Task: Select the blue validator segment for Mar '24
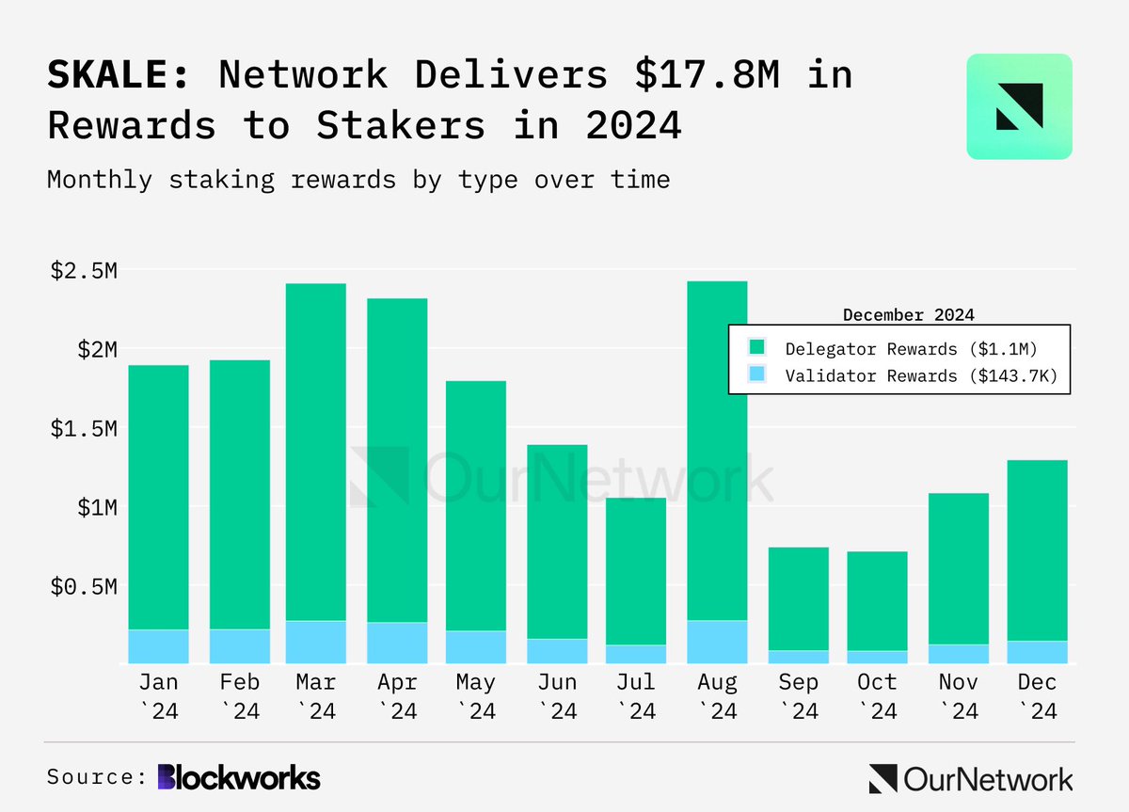pyautogui.click(x=316, y=642)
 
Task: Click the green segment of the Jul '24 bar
pyautogui.click(x=636, y=570)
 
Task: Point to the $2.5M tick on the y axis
pyautogui.click(x=84, y=271)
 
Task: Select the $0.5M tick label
pyautogui.click(x=84, y=587)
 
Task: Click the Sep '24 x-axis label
pyautogui.click(x=799, y=695)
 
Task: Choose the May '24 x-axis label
pyautogui.click(x=475, y=695)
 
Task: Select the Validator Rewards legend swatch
pyautogui.click(x=757, y=375)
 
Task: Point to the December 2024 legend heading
pyautogui.click(x=908, y=314)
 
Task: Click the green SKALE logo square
pyautogui.click(x=1019, y=105)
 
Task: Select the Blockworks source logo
pyautogui.click(x=239, y=777)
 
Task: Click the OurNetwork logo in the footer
pyautogui.click(x=970, y=778)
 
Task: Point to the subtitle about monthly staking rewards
pyautogui.click(x=358, y=179)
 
